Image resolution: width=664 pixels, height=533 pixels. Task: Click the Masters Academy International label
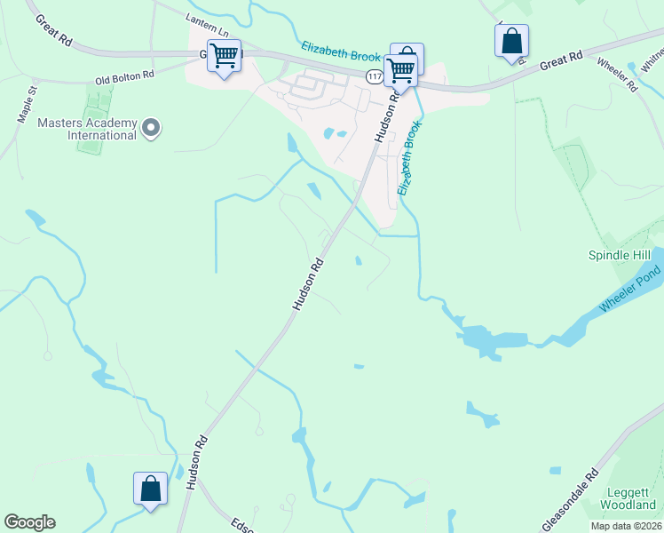click(87, 129)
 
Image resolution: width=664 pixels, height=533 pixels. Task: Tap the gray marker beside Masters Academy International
click(151, 129)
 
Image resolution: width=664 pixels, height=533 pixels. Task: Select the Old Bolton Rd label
click(125, 76)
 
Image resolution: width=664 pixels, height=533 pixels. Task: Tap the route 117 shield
click(373, 77)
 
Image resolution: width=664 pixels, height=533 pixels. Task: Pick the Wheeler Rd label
click(617, 75)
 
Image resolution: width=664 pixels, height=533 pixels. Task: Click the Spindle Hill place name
click(620, 255)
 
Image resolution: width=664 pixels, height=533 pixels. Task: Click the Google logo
click(29, 522)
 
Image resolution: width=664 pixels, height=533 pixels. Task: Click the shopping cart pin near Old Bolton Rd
click(225, 56)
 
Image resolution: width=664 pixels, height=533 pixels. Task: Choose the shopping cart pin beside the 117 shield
click(400, 69)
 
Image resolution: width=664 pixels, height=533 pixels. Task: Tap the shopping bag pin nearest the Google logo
click(150, 488)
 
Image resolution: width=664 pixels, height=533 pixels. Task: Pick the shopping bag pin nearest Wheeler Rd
click(511, 41)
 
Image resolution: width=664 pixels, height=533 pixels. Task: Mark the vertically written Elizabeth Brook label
click(407, 159)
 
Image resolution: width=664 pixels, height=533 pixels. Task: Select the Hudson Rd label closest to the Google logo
click(197, 462)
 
